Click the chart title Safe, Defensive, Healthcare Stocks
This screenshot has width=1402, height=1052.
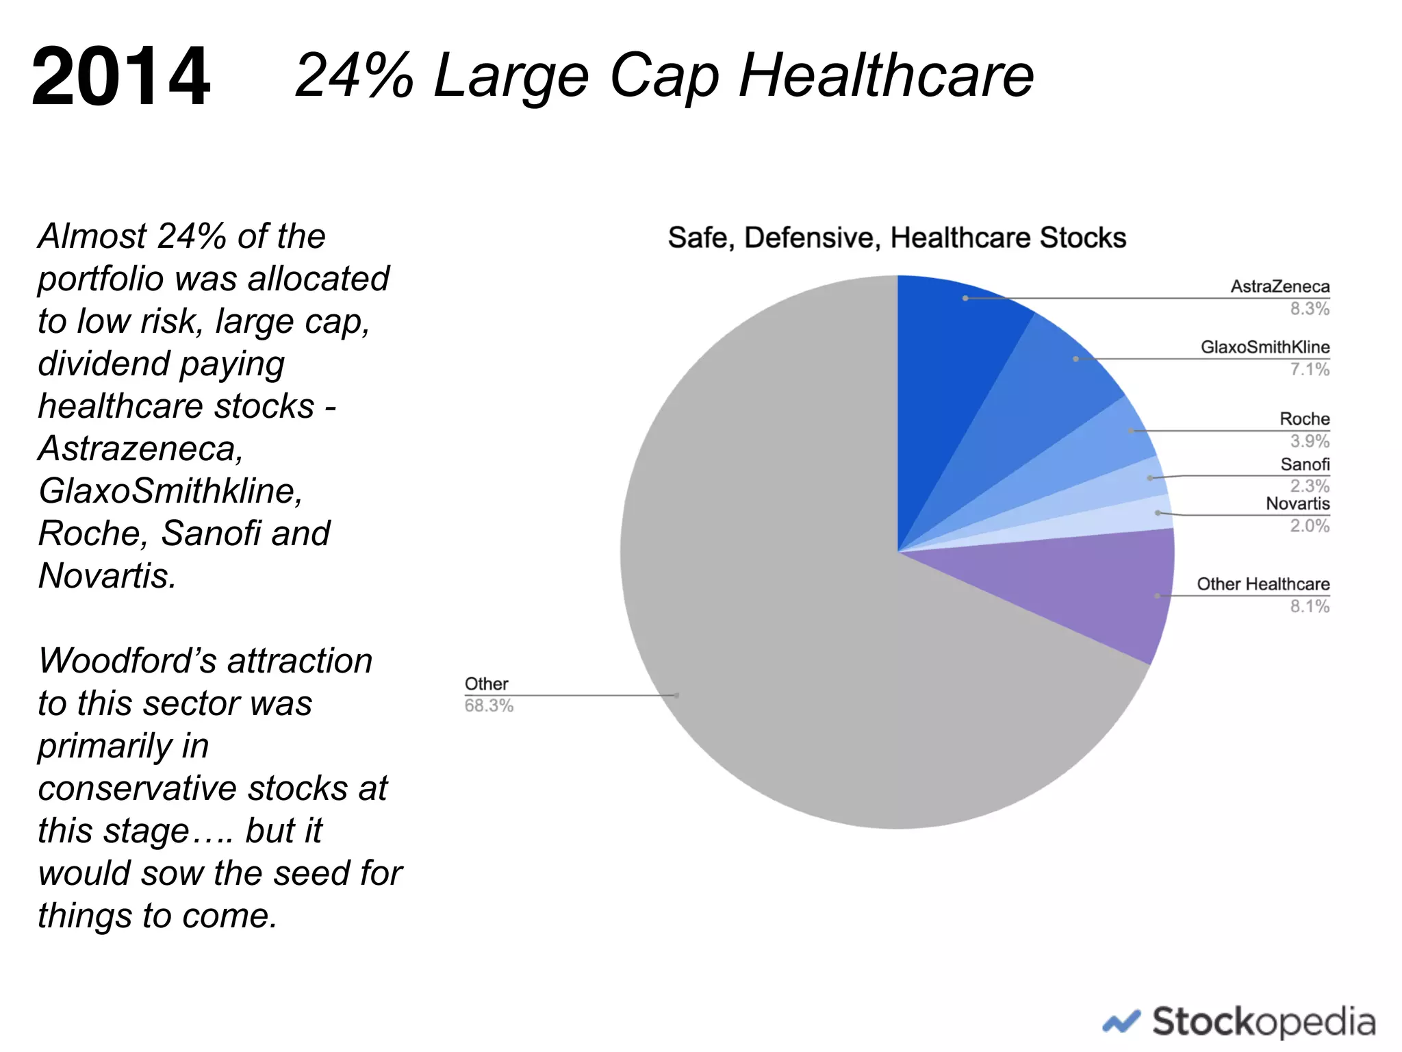tap(896, 238)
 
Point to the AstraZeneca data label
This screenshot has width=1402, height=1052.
tap(1279, 286)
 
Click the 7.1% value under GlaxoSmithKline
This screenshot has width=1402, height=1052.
tap(1309, 370)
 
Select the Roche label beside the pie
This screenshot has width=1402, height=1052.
tap(1304, 418)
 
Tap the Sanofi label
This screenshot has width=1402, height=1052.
tap(1305, 464)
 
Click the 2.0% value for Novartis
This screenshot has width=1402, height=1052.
tap(1309, 526)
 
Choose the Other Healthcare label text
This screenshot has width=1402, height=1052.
tap(1262, 584)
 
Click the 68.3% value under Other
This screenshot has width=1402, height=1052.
tap(489, 706)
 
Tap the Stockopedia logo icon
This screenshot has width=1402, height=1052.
tap(1121, 1023)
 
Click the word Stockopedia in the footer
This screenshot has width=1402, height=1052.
tap(1263, 1022)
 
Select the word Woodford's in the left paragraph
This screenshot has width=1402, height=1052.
tap(127, 661)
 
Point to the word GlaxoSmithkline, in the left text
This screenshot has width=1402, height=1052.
tap(170, 491)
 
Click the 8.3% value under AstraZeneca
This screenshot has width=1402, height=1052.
tap(1309, 309)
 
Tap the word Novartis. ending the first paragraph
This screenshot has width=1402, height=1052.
tap(107, 576)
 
